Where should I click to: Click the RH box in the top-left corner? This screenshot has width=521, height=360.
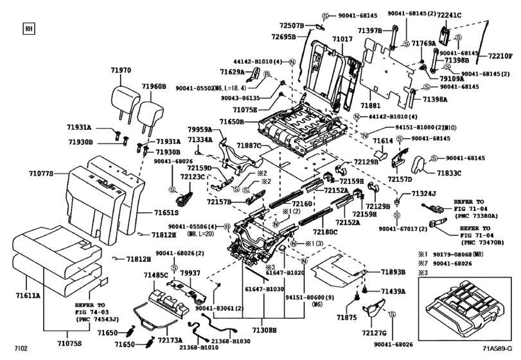click(28, 28)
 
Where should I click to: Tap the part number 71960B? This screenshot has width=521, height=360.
click(154, 85)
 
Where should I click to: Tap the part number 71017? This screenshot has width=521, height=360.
click(342, 40)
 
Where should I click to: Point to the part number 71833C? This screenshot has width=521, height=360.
click(450, 174)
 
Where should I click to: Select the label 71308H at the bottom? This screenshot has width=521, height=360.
click(263, 329)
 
